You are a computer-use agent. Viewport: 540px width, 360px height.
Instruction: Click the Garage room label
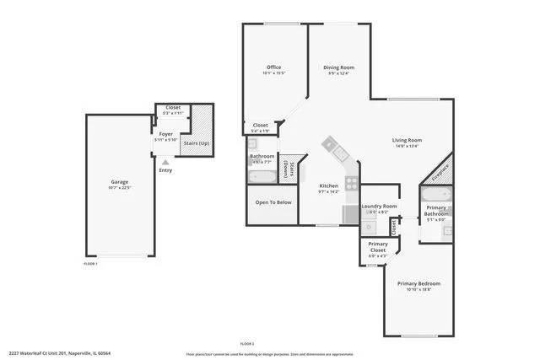coord(120,182)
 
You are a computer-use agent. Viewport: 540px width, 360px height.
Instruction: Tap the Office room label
coord(273,67)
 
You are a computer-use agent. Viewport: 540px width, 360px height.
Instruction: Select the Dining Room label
coord(338,67)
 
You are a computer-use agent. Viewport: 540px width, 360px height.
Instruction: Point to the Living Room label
coord(407,140)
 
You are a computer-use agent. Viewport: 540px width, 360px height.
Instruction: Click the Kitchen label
coord(328,185)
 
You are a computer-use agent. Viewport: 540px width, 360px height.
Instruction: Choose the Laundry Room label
coord(379,207)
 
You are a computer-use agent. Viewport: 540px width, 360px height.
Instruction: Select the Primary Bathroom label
coord(436,211)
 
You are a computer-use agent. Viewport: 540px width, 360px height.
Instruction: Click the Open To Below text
coord(273,202)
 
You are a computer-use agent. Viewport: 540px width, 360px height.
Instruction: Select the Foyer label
coord(166,134)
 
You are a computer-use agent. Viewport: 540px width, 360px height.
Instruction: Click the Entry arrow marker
coord(165,161)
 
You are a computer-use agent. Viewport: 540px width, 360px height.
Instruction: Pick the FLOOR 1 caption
coord(90,264)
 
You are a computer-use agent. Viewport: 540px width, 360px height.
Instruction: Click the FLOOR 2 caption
coord(247,343)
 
